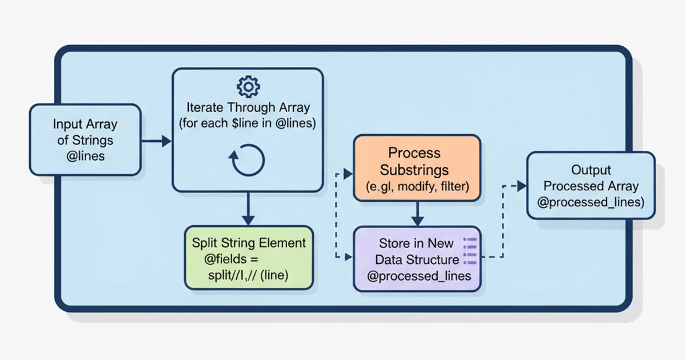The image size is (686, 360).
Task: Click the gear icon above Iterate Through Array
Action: (248, 86)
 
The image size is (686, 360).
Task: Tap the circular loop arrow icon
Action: (248, 160)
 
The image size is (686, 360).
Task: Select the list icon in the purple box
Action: (470, 251)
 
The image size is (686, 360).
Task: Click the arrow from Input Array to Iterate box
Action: (156, 141)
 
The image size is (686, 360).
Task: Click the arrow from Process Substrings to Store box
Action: (417, 213)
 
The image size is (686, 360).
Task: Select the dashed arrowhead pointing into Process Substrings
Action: (348, 174)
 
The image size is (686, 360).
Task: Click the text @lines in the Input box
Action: (85, 155)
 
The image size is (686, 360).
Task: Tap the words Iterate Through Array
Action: (248, 107)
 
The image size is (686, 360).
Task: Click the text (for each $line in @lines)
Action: (248, 123)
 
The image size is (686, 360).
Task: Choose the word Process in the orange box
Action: (414, 153)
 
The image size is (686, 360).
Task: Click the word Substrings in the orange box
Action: (414, 170)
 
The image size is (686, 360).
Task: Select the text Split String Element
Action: (249, 243)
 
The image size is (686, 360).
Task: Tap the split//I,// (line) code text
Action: (248, 275)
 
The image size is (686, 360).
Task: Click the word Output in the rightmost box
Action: (591, 170)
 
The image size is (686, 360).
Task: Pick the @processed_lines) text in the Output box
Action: (591, 202)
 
